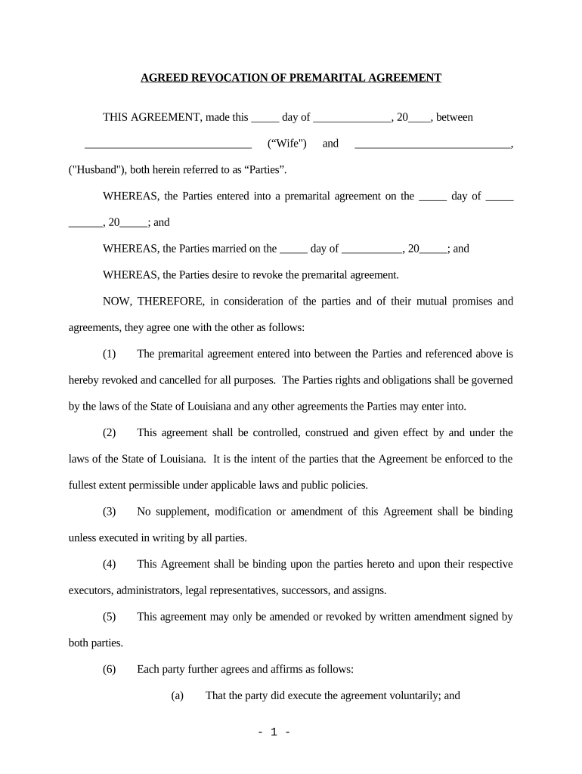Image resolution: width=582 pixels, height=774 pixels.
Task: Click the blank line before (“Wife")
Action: coord(168,144)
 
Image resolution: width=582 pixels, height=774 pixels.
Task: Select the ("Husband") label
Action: coord(96,169)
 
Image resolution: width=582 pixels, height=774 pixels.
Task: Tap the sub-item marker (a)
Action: coord(178,695)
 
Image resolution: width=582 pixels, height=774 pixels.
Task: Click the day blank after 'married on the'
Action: coord(293,248)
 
